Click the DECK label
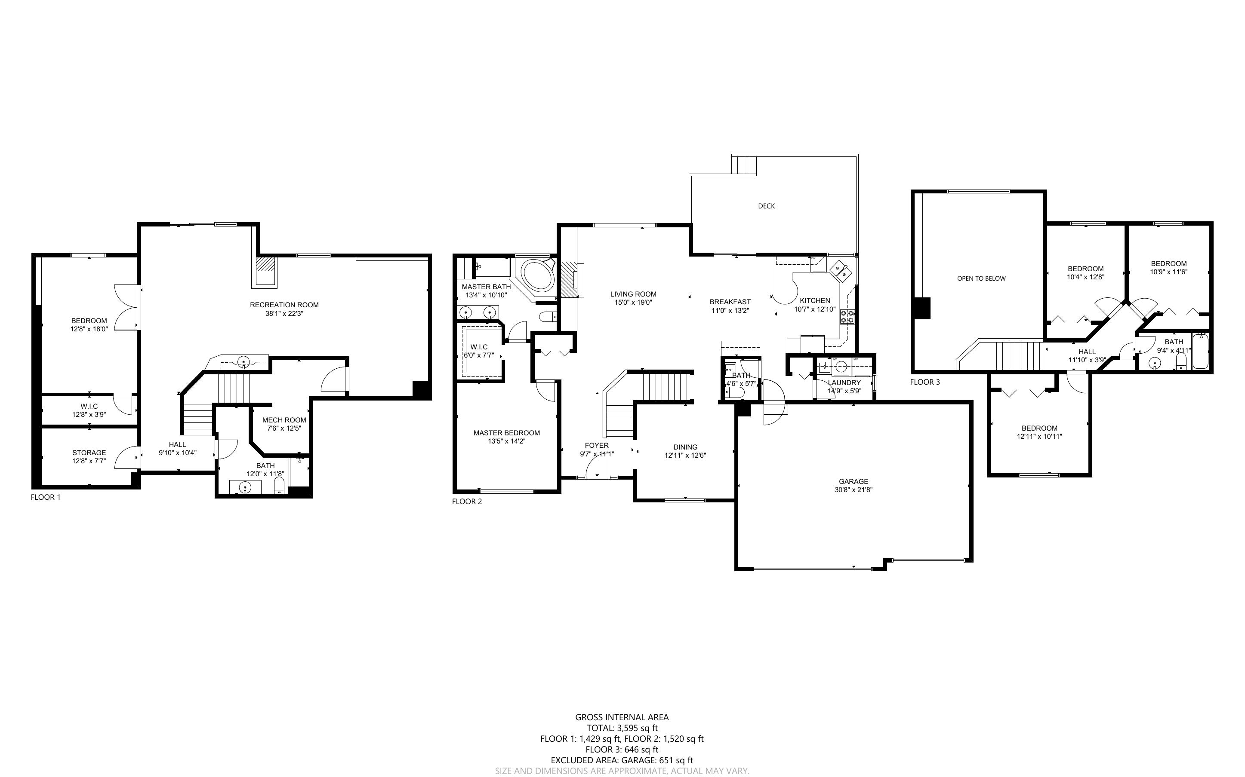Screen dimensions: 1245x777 [766, 206]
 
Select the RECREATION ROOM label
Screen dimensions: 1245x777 [284, 305]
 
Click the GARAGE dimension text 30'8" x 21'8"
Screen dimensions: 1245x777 [854, 490]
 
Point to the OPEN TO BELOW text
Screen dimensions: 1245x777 [981, 278]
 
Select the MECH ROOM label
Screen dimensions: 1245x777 [284, 420]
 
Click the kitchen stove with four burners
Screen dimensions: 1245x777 [847, 317]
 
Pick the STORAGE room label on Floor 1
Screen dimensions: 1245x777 [89, 453]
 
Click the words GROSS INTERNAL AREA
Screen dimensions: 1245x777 [622, 717]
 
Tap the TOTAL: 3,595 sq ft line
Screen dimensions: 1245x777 [622, 728]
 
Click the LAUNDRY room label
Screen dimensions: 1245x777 [844, 382]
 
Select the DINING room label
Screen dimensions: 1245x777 [685, 447]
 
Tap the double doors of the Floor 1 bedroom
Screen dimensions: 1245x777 [126, 307]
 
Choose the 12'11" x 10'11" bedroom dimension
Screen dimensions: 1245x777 [1039, 436]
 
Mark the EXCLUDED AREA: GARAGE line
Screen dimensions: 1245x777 [622, 761]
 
